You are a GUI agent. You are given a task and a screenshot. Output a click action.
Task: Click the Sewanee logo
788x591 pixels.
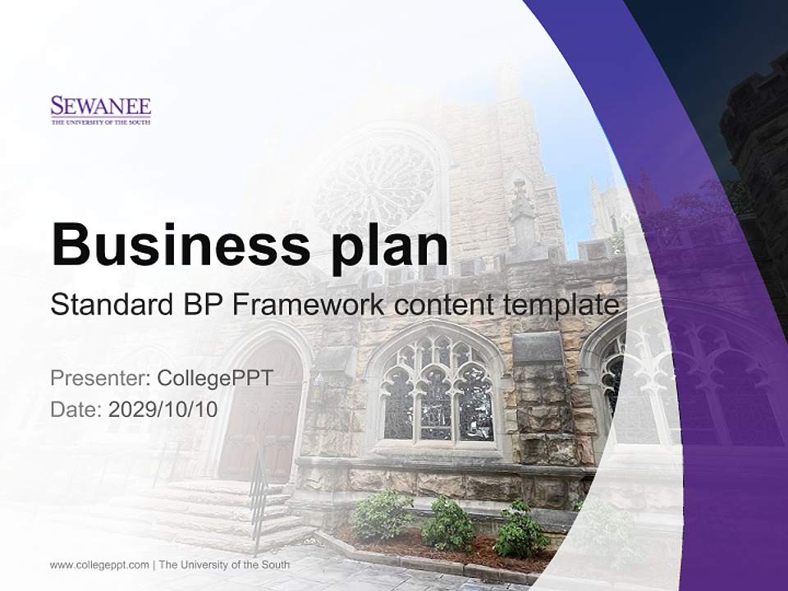[x=101, y=110]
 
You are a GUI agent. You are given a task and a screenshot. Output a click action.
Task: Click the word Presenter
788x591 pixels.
[x=98, y=378]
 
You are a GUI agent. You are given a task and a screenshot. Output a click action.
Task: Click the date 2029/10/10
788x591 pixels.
[x=163, y=409]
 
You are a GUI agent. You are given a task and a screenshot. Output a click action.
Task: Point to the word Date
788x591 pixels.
[x=76, y=409]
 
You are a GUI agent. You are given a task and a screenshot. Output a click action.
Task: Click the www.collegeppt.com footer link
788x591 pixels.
[x=99, y=565]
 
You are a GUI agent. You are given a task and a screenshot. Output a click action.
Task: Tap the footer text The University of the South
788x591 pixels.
[x=224, y=565]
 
